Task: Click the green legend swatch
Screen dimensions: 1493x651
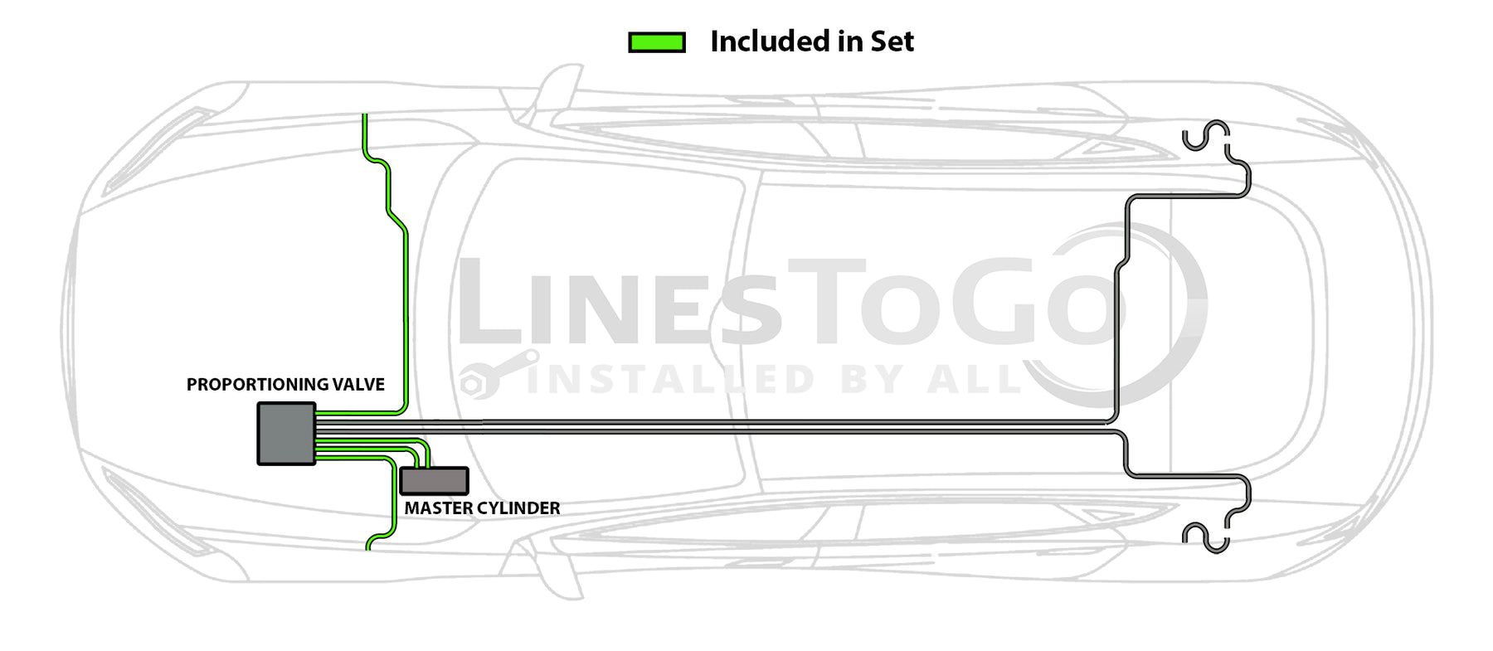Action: [x=657, y=42]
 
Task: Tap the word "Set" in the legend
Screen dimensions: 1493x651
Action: [x=892, y=41]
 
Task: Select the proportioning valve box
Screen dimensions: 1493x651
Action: [x=286, y=434]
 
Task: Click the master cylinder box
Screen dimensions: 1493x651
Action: [x=434, y=481]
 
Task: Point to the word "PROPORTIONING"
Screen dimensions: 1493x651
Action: [x=256, y=385]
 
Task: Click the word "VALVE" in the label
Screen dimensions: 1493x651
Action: [x=358, y=385]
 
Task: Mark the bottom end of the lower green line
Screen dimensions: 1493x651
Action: [x=368, y=547]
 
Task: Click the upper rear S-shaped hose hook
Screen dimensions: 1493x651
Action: [x=1206, y=137]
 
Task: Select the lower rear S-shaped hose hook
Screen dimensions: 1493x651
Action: [x=1206, y=537]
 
